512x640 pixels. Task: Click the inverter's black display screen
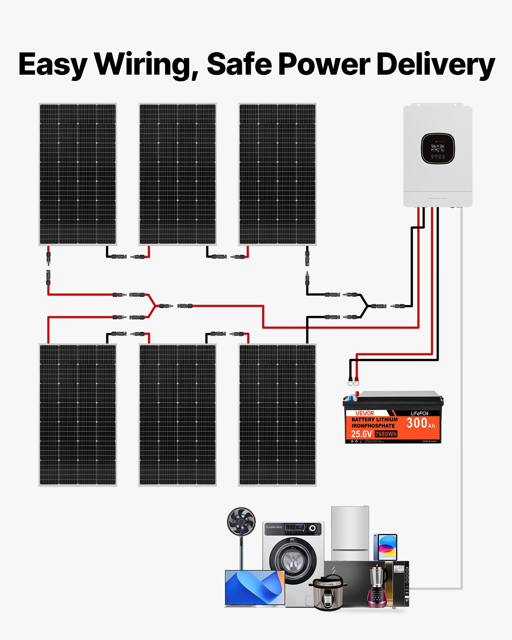click(x=438, y=148)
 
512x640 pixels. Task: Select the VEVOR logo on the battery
click(x=364, y=413)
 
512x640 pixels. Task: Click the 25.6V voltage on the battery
click(x=361, y=434)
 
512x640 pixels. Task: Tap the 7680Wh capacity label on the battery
click(x=386, y=434)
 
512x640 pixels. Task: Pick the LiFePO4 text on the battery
click(x=419, y=413)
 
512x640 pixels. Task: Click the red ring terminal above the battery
click(x=356, y=383)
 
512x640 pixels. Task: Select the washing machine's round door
click(x=292, y=561)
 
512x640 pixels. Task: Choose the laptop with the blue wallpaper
click(x=255, y=588)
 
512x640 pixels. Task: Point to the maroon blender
click(x=378, y=587)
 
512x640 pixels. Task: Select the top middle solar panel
click(x=178, y=174)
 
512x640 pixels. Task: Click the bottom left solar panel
click(x=78, y=415)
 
